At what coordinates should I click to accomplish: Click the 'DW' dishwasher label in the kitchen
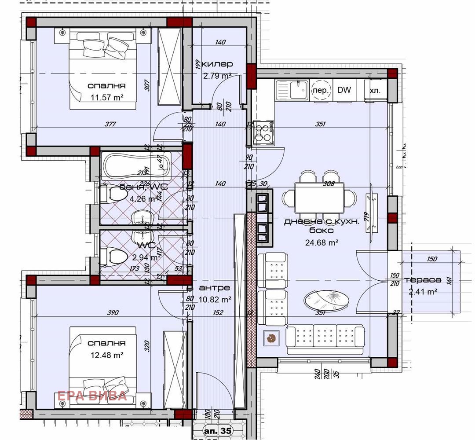[344, 90]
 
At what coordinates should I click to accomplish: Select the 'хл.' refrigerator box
[375, 91]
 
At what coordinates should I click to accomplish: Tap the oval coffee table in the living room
[326, 300]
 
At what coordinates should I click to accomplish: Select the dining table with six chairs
[319, 194]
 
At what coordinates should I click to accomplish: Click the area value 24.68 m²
[321, 242]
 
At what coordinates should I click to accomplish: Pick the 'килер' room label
[218, 64]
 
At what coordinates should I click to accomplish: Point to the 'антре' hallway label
[214, 288]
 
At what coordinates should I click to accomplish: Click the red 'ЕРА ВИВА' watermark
[92, 396]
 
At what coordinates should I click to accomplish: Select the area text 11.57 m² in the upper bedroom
[106, 98]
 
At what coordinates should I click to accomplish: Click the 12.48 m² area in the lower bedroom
[106, 355]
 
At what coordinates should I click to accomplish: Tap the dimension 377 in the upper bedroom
[110, 125]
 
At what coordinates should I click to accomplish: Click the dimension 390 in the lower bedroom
[113, 313]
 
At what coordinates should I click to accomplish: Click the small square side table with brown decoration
[271, 338]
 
